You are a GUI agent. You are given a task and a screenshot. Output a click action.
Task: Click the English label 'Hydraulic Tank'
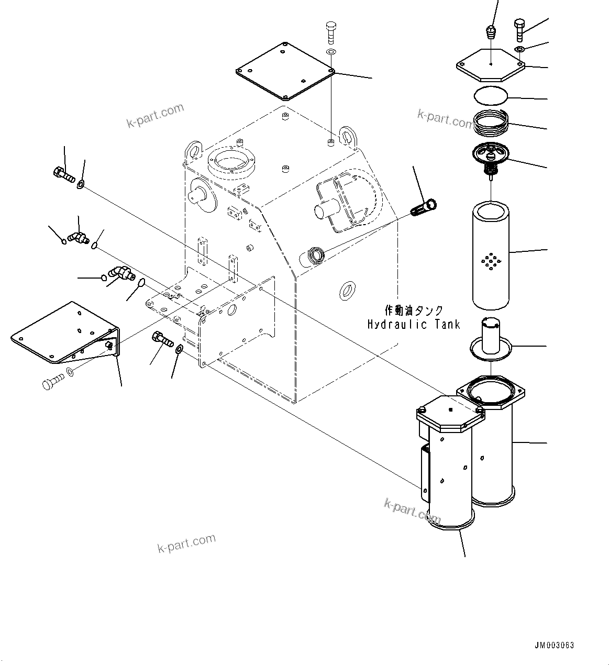(413, 325)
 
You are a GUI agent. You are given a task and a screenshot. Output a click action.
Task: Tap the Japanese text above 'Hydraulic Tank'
(413, 311)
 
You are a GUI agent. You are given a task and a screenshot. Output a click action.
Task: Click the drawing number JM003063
(554, 646)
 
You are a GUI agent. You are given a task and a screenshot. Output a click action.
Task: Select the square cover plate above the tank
(285, 71)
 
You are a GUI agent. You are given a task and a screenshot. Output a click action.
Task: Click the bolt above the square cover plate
(330, 32)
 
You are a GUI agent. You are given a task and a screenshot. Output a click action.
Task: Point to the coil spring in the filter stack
(491, 124)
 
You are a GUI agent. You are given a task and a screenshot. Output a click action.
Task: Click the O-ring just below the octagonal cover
(491, 96)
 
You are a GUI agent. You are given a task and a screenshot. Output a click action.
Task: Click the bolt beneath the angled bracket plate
(49, 383)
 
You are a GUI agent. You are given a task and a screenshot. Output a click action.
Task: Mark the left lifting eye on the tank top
(192, 149)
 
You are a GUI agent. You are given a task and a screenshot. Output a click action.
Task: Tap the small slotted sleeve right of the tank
(425, 207)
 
